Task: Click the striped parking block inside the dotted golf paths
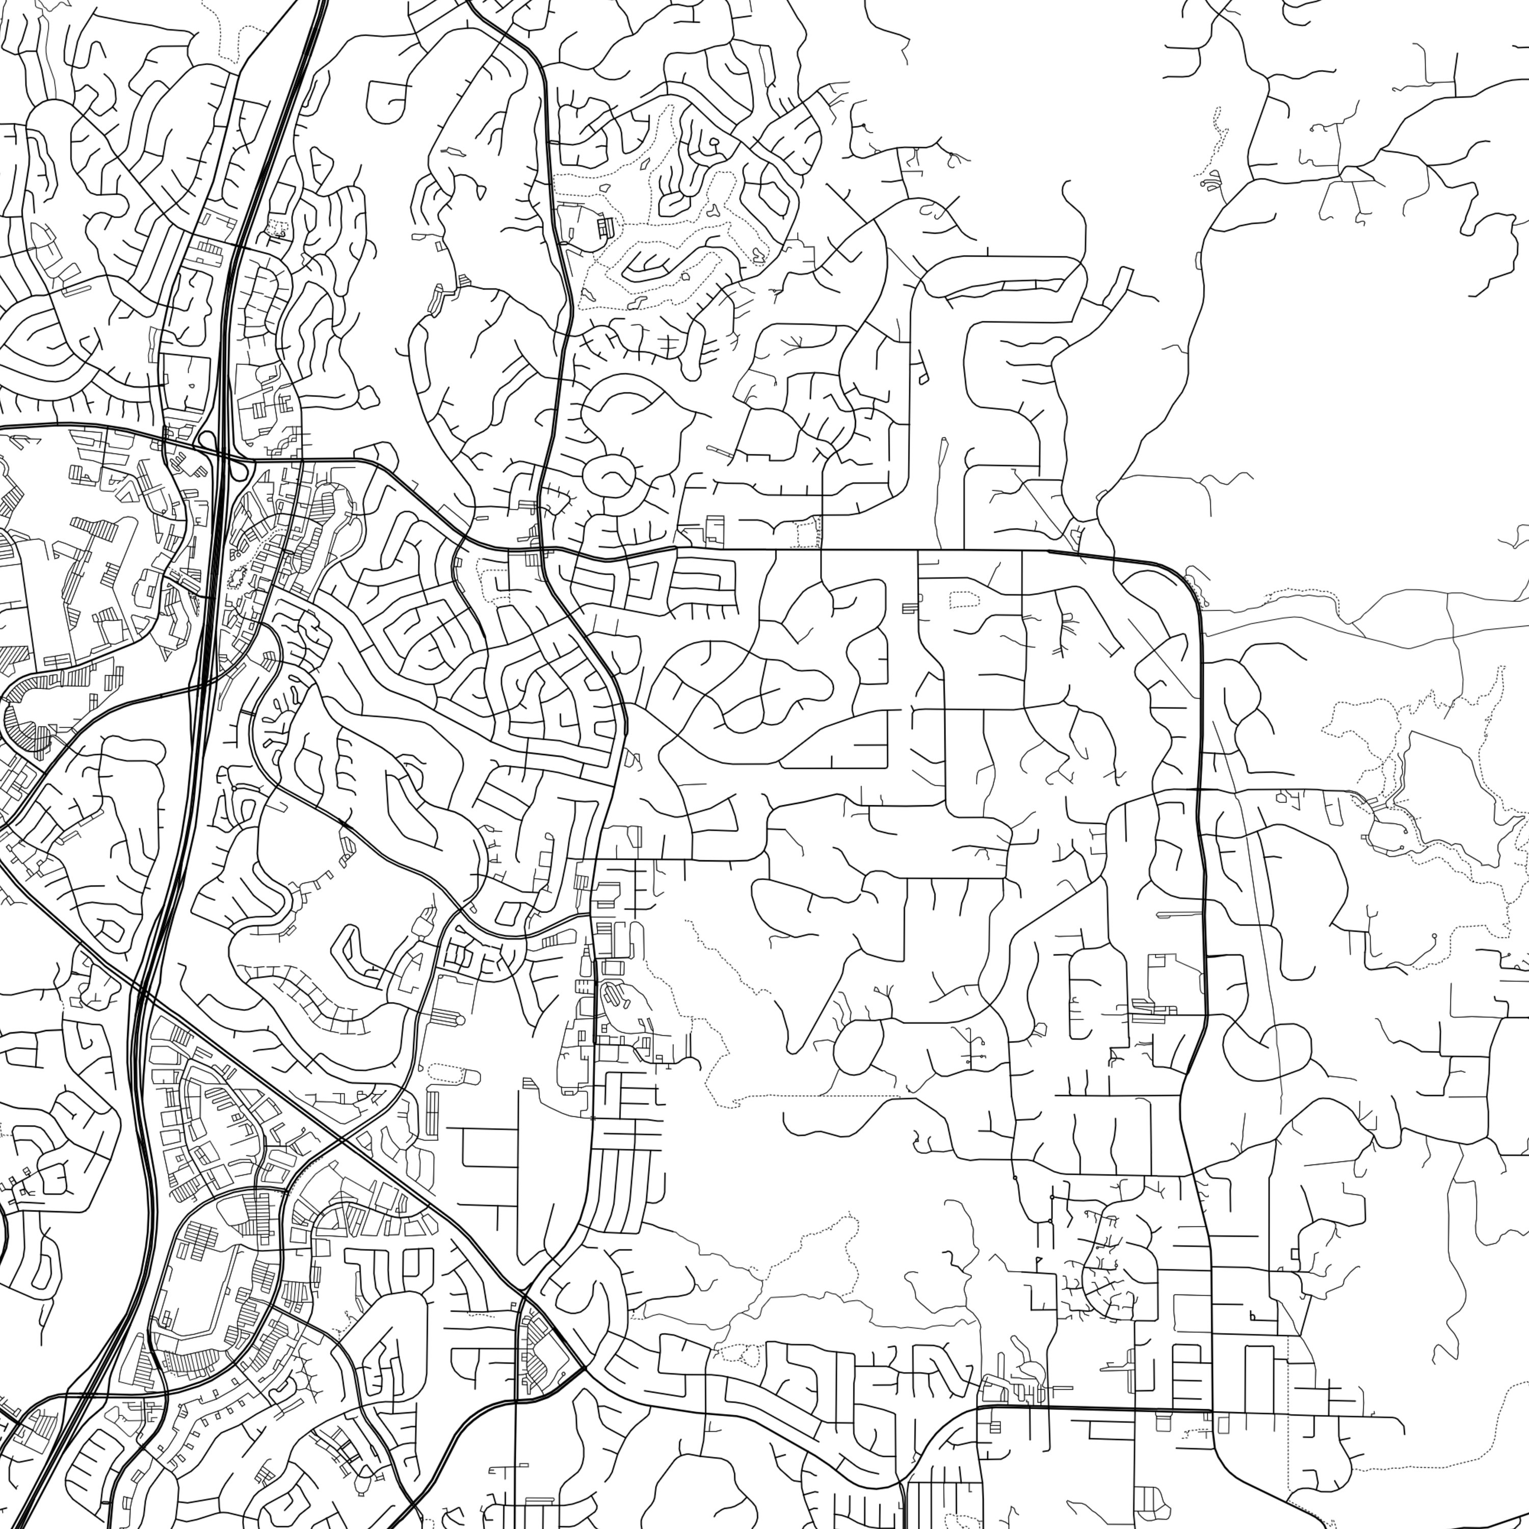click(x=605, y=228)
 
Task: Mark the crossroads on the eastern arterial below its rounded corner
click(x=1197, y=790)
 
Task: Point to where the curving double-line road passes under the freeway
click(x=202, y=687)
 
